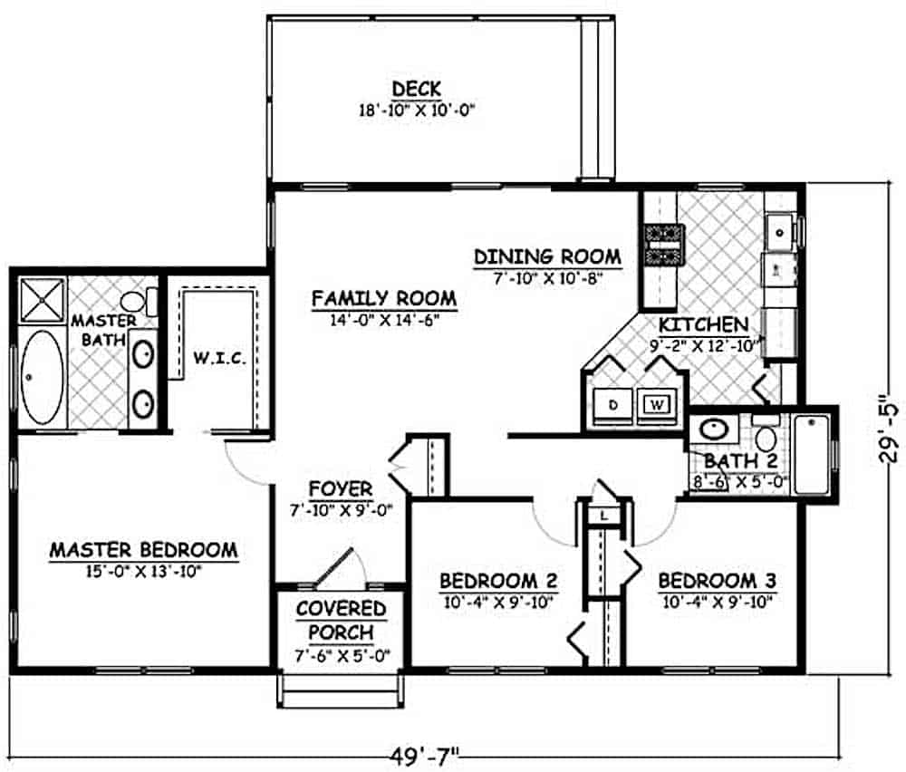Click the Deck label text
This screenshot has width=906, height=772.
point(416,89)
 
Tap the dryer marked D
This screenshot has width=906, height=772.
point(613,404)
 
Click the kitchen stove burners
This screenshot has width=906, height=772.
point(662,245)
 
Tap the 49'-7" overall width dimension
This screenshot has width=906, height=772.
point(420,754)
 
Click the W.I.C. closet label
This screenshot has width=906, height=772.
point(219,360)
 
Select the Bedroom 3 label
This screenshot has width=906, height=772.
point(716,580)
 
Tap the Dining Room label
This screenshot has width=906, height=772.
point(547,256)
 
